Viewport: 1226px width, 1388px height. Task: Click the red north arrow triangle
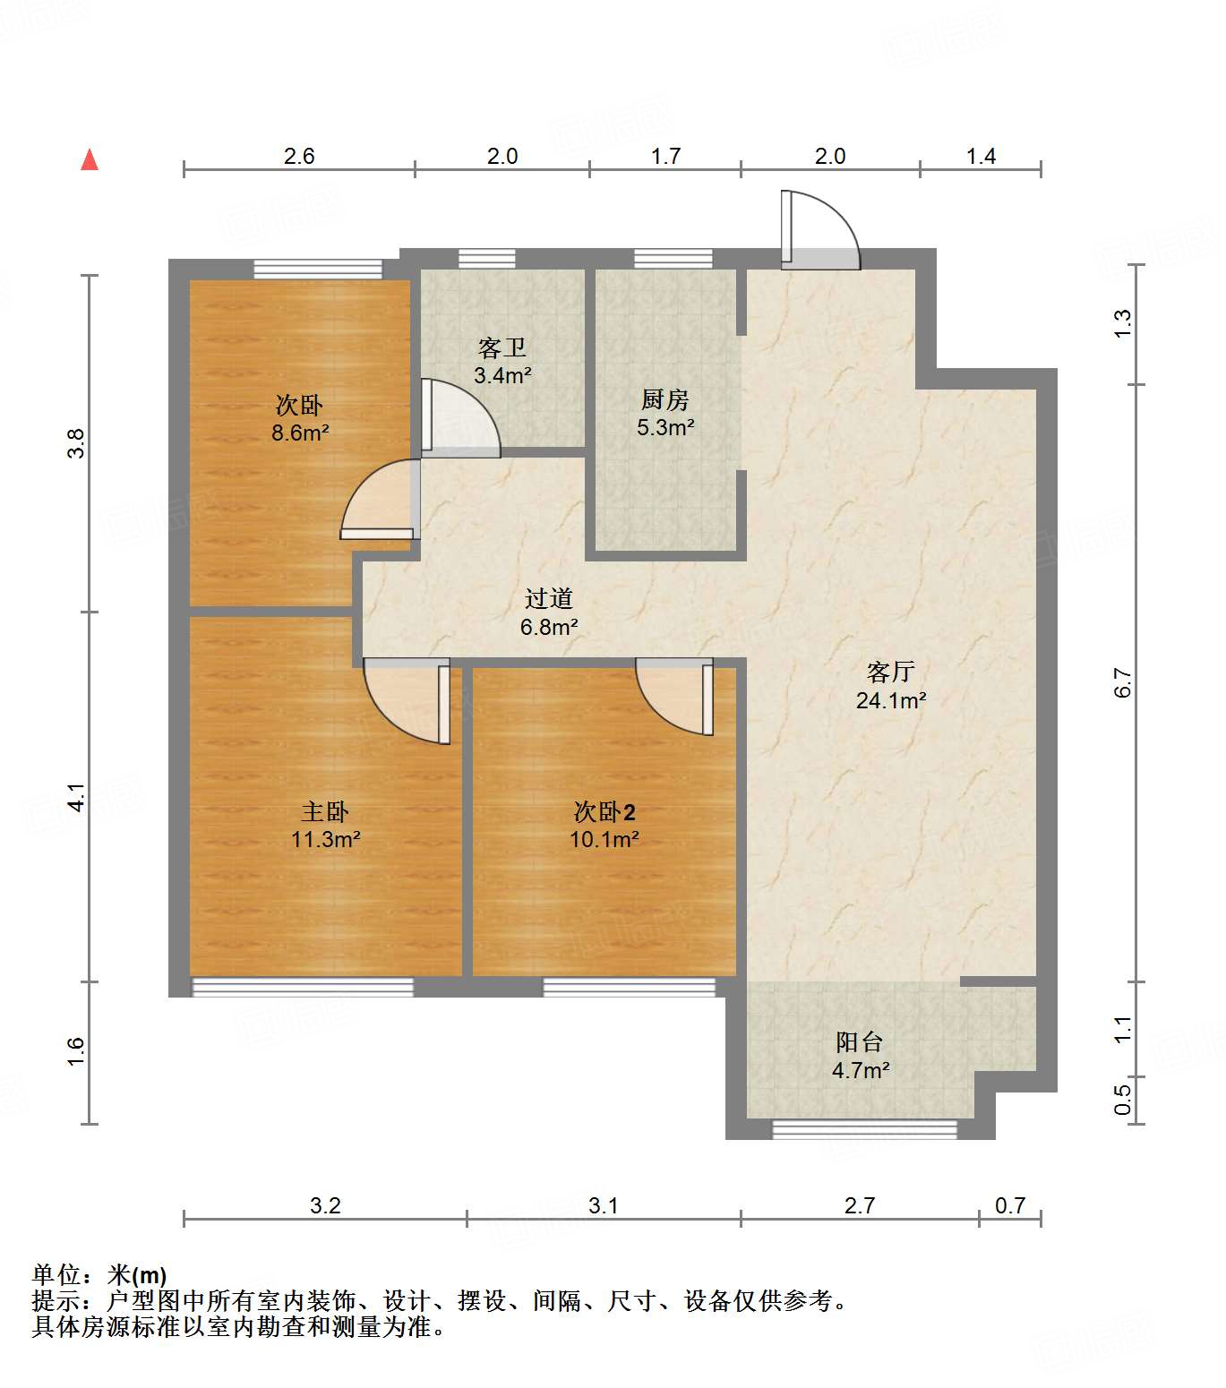pyautogui.click(x=90, y=160)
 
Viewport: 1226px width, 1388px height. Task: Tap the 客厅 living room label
pyautogui.click(x=890, y=672)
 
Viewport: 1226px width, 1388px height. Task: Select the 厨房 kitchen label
pyautogui.click(x=664, y=399)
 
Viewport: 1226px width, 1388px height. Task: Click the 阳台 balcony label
pyautogui.click(x=860, y=1041)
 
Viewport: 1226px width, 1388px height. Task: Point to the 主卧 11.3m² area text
pyautogui.click(x=325, y=840)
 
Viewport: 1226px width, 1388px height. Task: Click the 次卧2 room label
pyautogui.click(x=604, y=812)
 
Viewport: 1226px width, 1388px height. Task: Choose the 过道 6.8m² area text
pyautogui.click(x=549, y=627)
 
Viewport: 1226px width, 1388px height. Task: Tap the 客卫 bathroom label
pyautogui.click(x=502, y=347)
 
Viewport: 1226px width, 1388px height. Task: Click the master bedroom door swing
pyautogui.click(x=407, y=700)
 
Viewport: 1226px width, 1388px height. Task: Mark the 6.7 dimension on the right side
pyautogui.click(x=1123, y=682)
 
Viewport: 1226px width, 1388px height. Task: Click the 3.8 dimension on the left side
pyautogui.click(x=77, y=443)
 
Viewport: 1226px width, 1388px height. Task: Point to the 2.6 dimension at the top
pyautogui.click(x=299, y=157)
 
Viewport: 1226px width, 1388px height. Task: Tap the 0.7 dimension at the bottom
pyautogui.click(x=1009, y=1206)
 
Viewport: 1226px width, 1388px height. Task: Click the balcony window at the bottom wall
pyautogui.click(x=864, y=1130)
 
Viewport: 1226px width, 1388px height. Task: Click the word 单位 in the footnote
pyautogui.click(x=56, y=1274)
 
